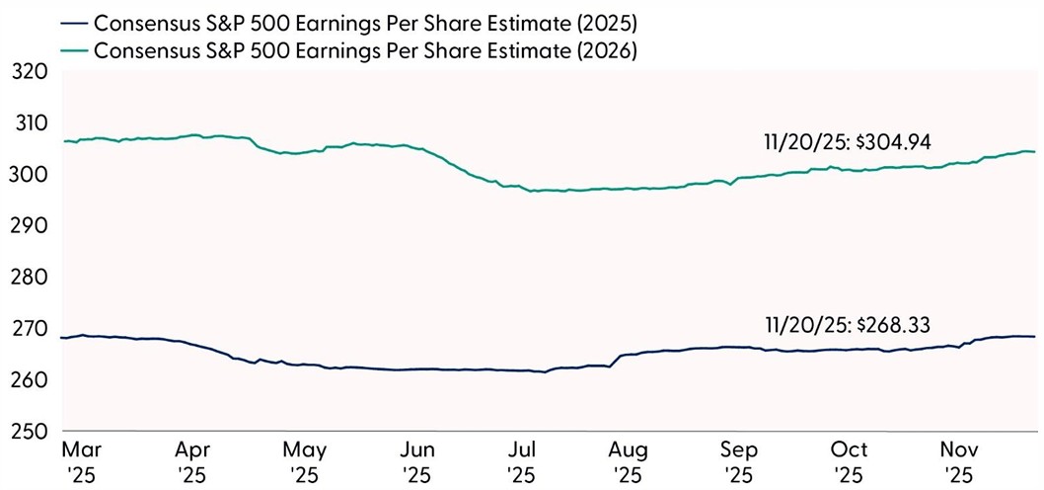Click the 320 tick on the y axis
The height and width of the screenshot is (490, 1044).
tap(27, 72)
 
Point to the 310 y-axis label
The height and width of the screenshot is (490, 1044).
tap(27, 123)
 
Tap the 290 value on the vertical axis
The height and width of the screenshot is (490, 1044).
tap(27, 226)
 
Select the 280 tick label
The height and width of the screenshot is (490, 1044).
tap(27, 278)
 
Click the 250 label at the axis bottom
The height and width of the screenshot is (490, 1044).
tap(27, 432)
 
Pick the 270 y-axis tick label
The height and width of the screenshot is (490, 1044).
tap(27, 329)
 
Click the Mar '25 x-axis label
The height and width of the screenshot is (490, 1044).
tap(78, 462)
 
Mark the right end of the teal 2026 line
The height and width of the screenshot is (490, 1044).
tap(1034, 152)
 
